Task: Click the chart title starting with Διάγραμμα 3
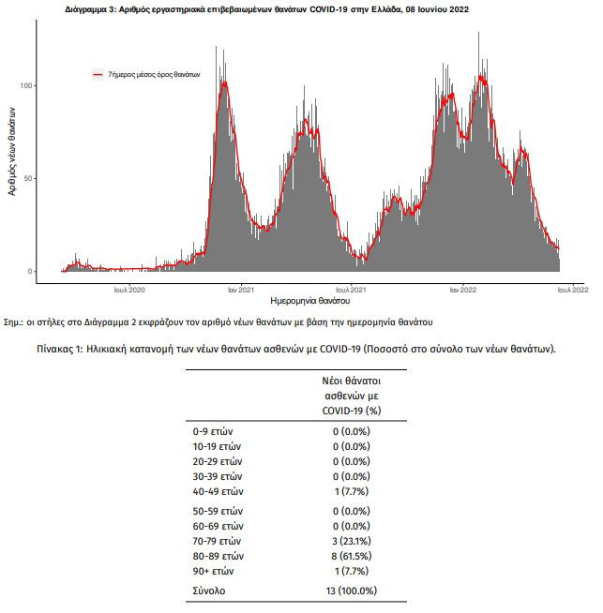(x=266, y=9)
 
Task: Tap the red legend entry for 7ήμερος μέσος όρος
(x=146, y=74)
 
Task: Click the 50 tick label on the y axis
(x=27, y=179)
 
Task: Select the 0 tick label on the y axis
(x=30, y=271)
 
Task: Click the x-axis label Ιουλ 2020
(x=129, y=290)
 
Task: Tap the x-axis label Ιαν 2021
(x=241, y=290)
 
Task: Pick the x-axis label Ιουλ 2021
(x=351, y=290)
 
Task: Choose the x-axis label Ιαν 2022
(x=463, y=290)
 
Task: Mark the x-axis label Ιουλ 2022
(x=573, y=290)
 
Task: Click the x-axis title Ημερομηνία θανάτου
(x=310, y=301)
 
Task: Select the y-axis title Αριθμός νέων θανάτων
(x=12, y=151)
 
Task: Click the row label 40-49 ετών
(x=218, y=491)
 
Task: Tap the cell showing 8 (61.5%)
(x=352, y=557)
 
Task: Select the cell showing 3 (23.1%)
(x=352, y=542)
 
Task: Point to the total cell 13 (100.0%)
(x=352, y=591)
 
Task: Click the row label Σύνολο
(x=209, y=591)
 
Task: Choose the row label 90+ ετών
(x=213, y=571)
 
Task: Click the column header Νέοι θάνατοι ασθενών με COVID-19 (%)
(x=352, y=396)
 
